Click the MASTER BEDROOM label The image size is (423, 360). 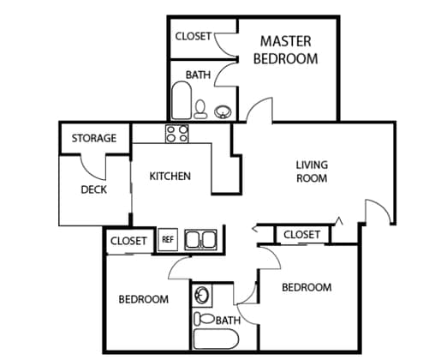[x=285, y=50]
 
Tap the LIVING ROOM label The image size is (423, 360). [x=312, y=171]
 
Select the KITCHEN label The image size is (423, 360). [x=170, y=176]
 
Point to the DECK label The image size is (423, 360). [x=94, y=189]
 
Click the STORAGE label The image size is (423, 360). [x=94, y=138]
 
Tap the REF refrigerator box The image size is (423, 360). [x=168, y=239]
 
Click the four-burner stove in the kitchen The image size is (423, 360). [x=177, y=134]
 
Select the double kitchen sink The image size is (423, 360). [x=200, y=240]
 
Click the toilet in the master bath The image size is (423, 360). [x=200, y=109]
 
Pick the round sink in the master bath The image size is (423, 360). [x=223, y=111]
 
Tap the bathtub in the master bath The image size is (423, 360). [x=182, y=100]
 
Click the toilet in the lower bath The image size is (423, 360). [x=204, y=319]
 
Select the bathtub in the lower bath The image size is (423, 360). [x=216, y=339]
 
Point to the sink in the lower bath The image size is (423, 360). [x=201, y=295]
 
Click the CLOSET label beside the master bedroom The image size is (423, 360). [x=194, y=36]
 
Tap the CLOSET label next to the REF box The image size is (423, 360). [x=128, y=241]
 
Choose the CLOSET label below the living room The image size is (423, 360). [x=301, y=235]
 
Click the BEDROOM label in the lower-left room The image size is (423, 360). [x=144, y=299]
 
